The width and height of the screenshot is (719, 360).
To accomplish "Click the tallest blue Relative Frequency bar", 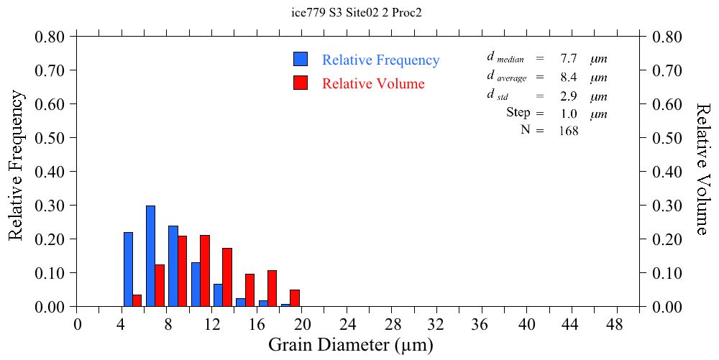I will click(150, 257).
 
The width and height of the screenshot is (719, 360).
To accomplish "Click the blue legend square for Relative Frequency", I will click(301, 60).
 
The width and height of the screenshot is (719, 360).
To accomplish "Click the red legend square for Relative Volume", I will click(301, 83).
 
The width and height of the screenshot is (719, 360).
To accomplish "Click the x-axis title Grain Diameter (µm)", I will click(351, 346).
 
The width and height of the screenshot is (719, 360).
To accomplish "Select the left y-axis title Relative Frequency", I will click(17, 166).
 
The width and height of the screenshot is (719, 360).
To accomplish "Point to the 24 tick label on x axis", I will click(347, 324).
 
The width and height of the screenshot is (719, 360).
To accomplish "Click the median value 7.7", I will click(569, 59).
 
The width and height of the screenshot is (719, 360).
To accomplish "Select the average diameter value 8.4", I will click(569, 78).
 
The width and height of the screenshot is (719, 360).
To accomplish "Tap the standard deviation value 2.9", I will click(569, 96).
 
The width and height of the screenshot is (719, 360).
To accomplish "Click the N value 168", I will click(568, 131).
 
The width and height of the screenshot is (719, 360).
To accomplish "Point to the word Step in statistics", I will click(518, 113).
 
